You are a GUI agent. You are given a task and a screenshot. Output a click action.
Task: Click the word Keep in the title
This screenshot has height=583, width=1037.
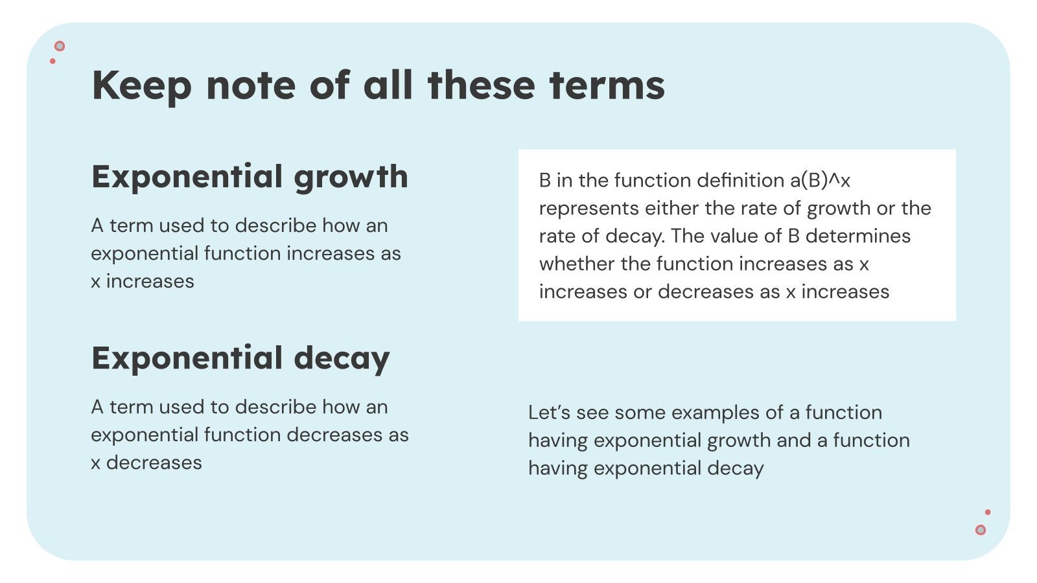[141, 86]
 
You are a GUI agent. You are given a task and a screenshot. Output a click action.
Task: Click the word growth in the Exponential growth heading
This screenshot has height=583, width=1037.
[351, 177]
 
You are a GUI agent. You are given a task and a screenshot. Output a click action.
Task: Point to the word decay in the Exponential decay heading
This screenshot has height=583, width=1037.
[342, 359]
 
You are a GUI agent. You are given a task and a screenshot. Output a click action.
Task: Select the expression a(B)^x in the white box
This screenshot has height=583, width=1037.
[820, 180]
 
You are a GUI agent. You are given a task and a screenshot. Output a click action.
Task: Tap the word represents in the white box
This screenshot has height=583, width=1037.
[588, 209]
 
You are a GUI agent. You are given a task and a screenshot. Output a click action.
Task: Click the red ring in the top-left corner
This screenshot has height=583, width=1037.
[60, 46]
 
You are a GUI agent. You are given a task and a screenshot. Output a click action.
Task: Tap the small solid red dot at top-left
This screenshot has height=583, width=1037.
[52, 62]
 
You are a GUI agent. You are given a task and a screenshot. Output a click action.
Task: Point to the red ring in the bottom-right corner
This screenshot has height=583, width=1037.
[981, 530]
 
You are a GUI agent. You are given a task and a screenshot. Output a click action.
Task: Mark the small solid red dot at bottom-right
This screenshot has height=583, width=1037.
[988, 512]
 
